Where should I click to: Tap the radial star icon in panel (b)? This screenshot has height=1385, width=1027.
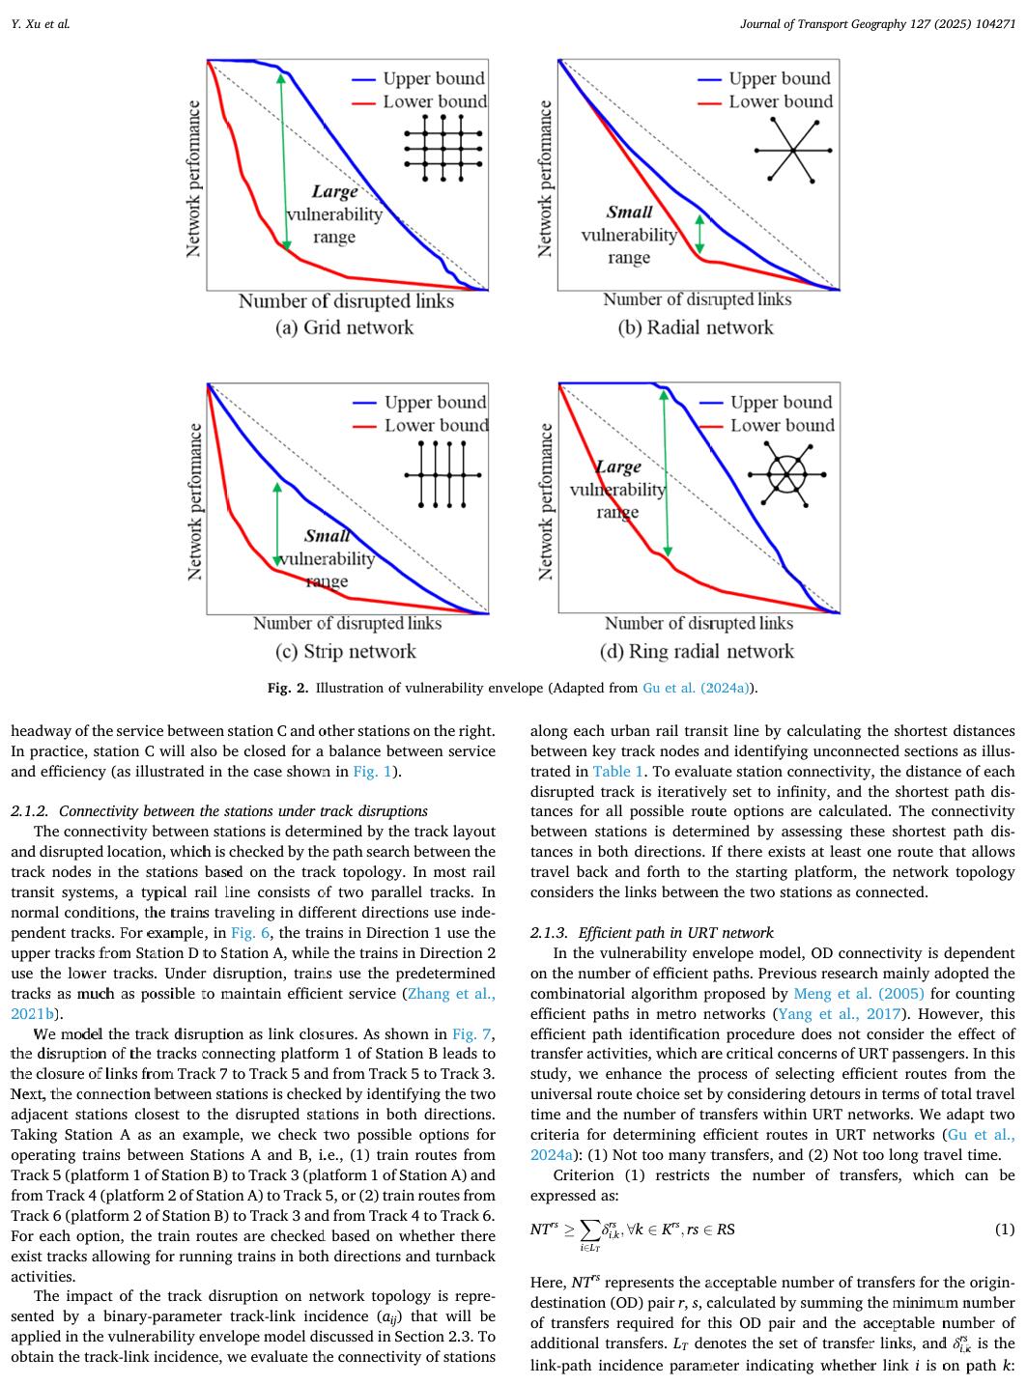coord(792,150)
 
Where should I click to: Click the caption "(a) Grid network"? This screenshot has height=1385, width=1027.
coord(344,327)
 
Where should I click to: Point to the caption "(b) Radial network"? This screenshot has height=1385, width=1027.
coord(696,327)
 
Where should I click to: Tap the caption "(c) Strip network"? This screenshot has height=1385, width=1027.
coord(346,651)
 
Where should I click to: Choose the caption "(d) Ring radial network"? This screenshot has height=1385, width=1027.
coord(697,651)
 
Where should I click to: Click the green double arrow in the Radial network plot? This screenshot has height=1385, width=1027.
coord(699,233)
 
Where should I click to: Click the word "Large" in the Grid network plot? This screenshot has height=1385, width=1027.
coord(335,192)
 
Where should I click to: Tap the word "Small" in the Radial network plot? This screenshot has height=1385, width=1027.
coord(629,212)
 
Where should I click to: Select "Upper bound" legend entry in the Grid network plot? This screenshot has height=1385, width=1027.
coord(434,79)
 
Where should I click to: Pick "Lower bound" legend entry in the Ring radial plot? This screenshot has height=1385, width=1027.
coord(781,426)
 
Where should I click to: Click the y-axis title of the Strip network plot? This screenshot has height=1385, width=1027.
coord(193,502)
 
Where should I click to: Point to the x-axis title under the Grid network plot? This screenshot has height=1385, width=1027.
coord(346,301)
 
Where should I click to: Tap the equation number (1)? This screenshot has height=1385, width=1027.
coord(1005,1230)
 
